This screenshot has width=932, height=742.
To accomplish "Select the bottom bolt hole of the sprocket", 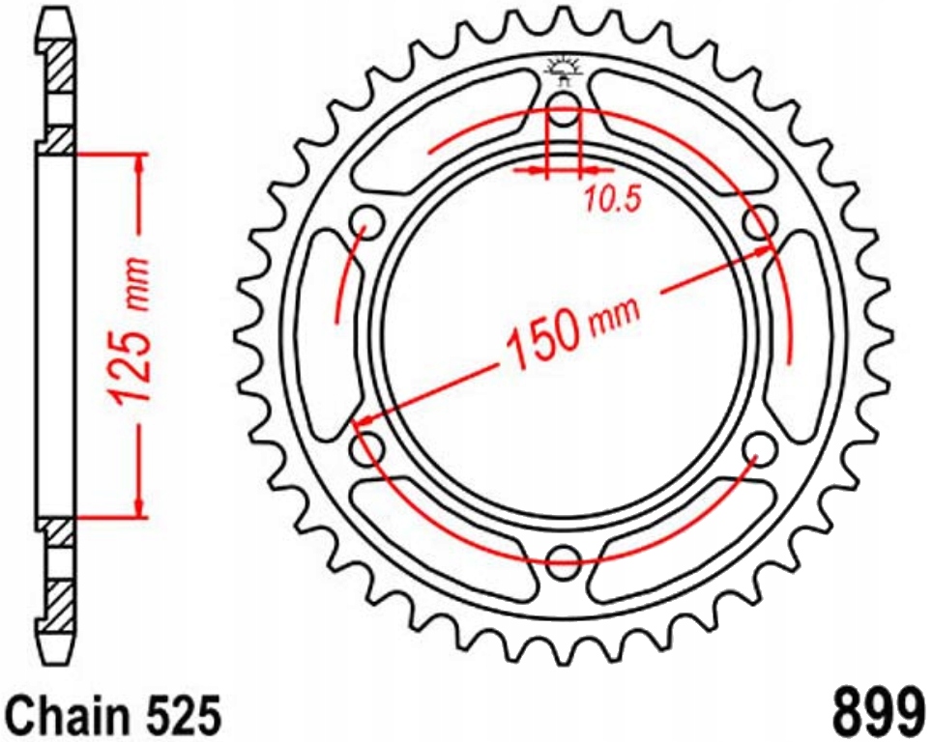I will (564, 557).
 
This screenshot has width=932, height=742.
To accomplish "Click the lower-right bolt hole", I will (763, 446).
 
